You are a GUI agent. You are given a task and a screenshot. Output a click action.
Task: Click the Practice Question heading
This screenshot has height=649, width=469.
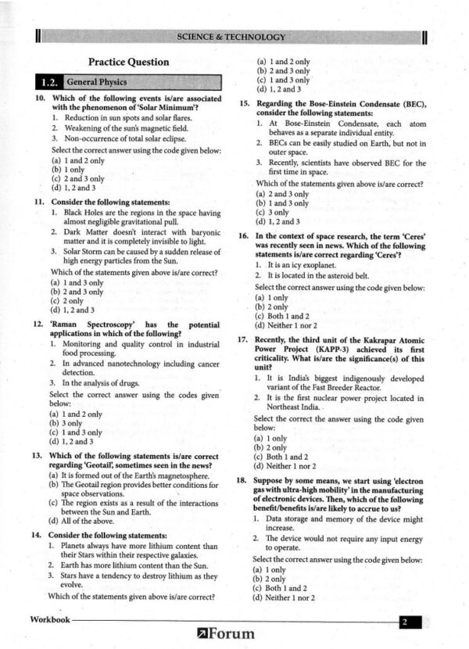128,62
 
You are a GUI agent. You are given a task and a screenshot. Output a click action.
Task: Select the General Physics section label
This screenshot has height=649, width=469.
97,82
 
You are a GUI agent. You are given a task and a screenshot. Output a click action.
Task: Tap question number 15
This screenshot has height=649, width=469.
243,104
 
